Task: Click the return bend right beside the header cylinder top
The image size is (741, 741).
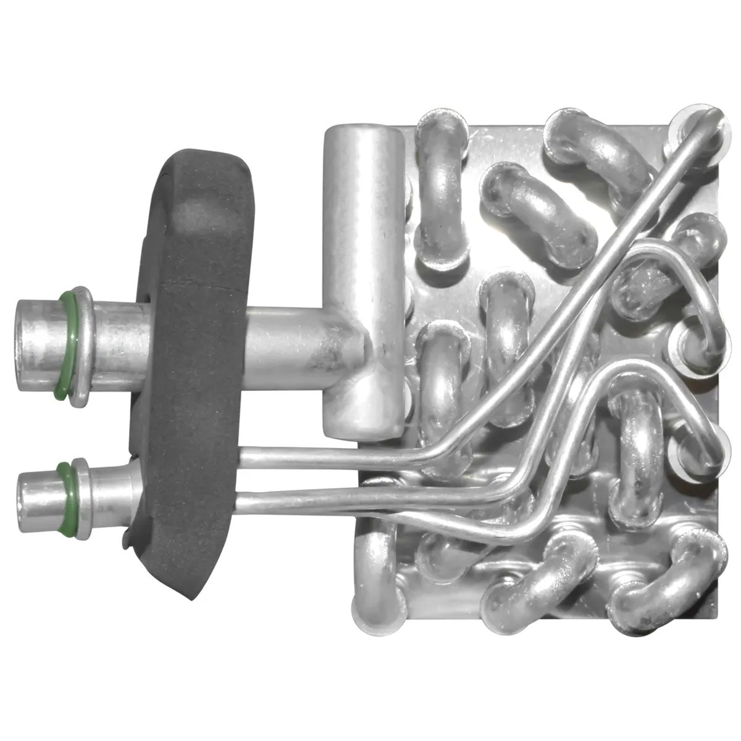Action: (440, 185)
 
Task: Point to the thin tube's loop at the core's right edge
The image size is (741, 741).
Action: (710, 309)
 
